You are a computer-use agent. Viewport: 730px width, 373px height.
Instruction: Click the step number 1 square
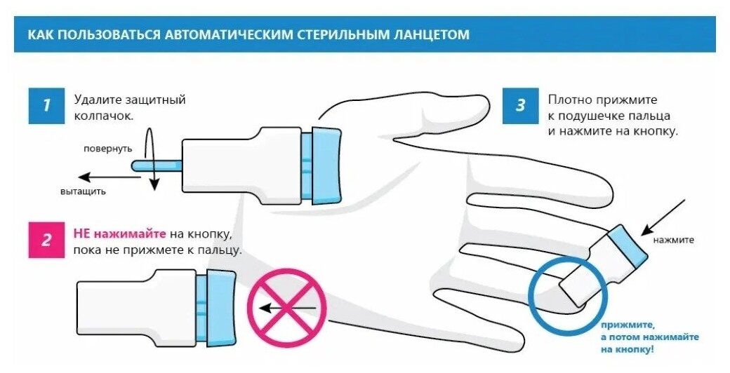click(46, 105)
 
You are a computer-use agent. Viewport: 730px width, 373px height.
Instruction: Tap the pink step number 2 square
click(46, 240)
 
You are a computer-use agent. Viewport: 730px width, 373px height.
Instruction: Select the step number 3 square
click(520, 105)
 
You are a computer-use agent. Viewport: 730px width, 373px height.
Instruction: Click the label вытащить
click(82, 191)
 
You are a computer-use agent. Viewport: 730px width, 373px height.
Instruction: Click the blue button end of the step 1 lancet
click(322, 165)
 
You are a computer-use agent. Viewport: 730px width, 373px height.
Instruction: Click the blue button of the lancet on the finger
click(626, 245)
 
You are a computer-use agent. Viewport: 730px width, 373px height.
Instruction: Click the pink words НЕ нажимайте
click(119, 233)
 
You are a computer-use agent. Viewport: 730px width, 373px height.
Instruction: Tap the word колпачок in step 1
click(103, 116)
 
